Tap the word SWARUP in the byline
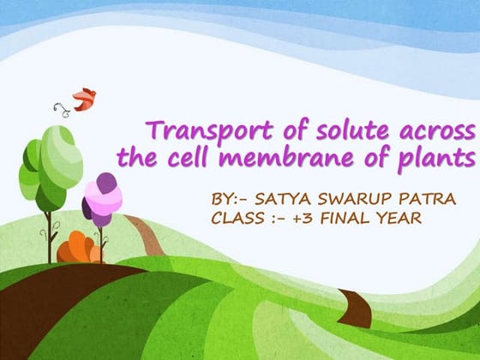[x=337, y=200]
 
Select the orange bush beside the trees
[x=79, y=249]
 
